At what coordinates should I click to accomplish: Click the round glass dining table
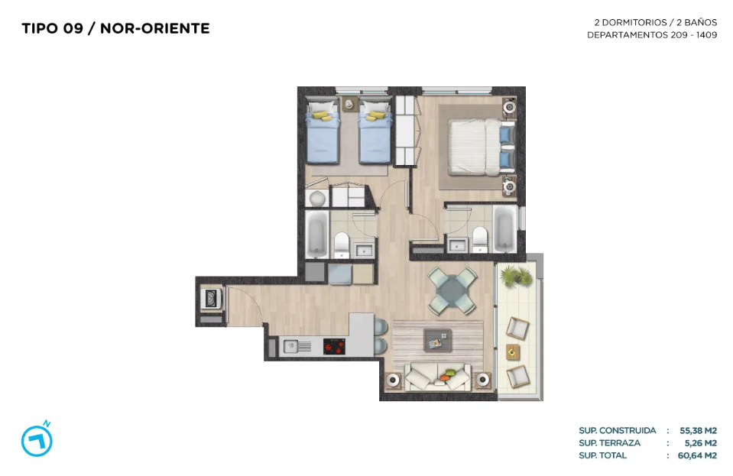click(x=452, y=290)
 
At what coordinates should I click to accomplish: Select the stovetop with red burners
click(x=334, y=347)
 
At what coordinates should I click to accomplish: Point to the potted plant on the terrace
click(x=516, y=276)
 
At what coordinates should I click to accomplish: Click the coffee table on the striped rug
click(x=438, y=339)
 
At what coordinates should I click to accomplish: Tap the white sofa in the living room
click(x=437, y=377)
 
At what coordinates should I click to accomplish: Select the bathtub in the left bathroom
click(x=317, y=234)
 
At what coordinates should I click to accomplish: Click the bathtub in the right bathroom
click(x=505, y=228)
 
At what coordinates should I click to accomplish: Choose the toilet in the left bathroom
click(x=342, y=244)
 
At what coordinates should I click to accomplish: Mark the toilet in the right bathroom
click(x=480, y=239)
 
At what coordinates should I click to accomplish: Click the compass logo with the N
click(x=37, y=439)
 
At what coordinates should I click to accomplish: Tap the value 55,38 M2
click(x=698, y=430)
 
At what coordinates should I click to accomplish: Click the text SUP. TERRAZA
click(x=609, y=443)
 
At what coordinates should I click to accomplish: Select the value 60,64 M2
click(x=697, y=455)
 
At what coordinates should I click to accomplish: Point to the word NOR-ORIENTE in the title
click(x=154, y=28)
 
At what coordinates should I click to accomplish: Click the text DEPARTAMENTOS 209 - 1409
click(x=652, y=35)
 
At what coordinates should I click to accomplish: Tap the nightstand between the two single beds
click(x=349, y=104)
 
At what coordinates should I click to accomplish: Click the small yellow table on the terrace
click(x=513, y=351)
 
